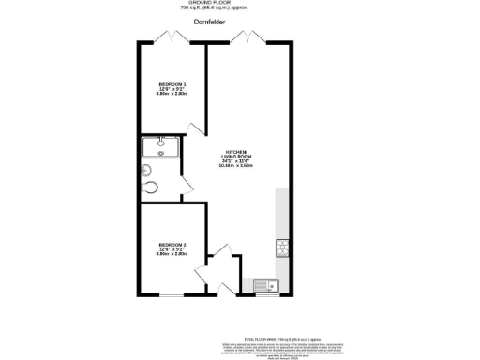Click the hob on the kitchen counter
[281, 247]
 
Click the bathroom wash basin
[146, 170]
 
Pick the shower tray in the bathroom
[161, 146]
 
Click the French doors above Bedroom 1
[171, 38]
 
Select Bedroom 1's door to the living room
[195, 128]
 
